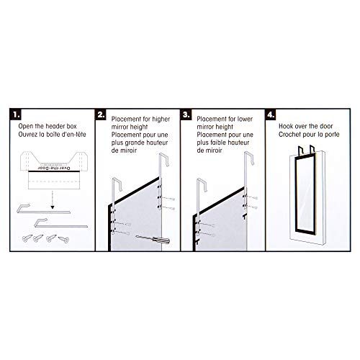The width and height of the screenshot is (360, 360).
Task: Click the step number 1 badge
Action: [15, 114]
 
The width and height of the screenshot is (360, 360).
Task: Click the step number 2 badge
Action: [101, 114]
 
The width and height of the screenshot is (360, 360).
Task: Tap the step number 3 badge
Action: [186, 114]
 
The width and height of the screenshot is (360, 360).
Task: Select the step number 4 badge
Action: [271, 114]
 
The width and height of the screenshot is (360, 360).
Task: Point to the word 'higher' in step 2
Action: [161, 120]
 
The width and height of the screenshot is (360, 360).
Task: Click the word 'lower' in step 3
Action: [245, 119]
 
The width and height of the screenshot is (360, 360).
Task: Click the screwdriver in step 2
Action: [153, 239]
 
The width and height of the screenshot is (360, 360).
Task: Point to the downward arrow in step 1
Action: [53, 199]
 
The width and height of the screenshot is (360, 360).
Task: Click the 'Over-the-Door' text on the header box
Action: [54, 168]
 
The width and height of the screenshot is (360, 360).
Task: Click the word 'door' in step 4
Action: [325, 126]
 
